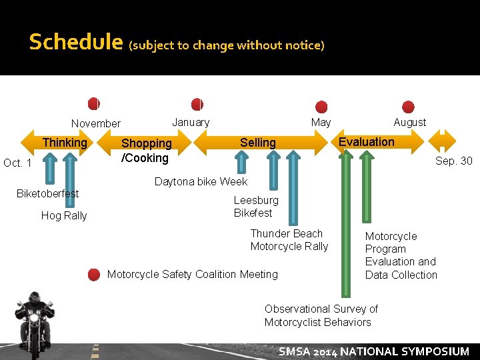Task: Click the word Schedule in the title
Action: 76,43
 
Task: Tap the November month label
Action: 96,123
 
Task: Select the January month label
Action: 191,122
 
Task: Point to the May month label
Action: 321,122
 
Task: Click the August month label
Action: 409,122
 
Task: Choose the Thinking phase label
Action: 65,142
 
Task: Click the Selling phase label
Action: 257,142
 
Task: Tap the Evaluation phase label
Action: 366,141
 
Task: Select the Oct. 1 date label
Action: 17,163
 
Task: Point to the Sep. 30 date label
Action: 453,161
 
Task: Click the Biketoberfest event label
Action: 47,193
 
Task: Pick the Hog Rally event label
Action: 64,215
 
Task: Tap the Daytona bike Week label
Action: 201,181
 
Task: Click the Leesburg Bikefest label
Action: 256,206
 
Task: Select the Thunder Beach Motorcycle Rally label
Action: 289,240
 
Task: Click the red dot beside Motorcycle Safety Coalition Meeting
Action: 94,274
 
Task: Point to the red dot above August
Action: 409,107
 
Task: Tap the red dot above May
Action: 321,107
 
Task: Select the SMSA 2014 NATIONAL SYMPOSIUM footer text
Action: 373,351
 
